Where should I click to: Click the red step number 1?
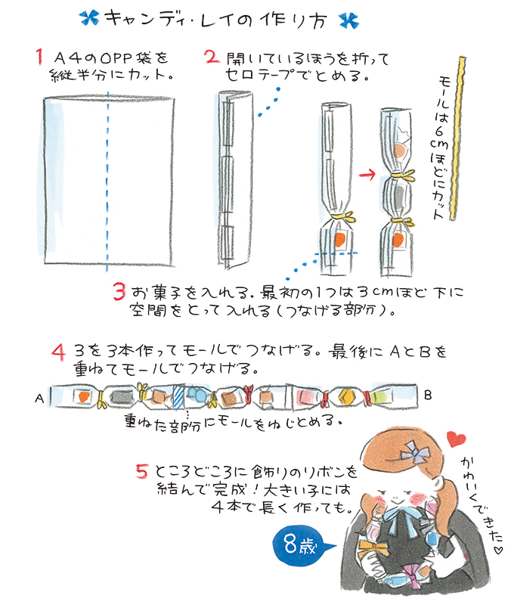[x=39, y=57]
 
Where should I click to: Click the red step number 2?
[x=212, y=57]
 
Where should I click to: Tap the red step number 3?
[x=119, y=291]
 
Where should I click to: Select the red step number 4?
[x=58, y=352]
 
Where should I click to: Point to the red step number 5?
[x=142, y=470]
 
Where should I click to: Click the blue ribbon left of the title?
[x=89, y=18]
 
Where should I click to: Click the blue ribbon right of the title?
[x=349, y=20]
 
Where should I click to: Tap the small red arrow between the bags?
[x=367, y=175]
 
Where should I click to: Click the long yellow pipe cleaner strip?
[x=458, y=138]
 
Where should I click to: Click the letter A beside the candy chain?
[x=39, y=399]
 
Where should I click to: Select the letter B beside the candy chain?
[x=428, y=395]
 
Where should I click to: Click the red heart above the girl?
[x=456, y=439]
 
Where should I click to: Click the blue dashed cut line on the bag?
[x=108, y=181]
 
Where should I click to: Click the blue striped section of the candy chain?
[x=178, y=397]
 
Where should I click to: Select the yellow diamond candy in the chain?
[x=346, y=396]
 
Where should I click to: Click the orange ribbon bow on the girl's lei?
[x=373, y=548]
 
